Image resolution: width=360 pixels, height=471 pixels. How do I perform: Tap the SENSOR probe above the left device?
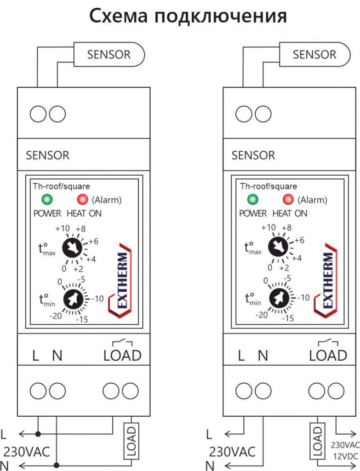click(109, 54)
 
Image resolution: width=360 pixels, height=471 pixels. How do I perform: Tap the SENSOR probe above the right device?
click(315, 54)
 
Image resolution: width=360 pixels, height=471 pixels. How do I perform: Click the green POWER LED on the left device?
click(46, 200)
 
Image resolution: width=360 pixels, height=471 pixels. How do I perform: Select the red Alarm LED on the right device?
click(288, 200)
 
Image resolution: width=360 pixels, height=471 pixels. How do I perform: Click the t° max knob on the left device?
click(72, 248)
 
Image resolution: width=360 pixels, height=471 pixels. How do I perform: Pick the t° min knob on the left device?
click(72, 299)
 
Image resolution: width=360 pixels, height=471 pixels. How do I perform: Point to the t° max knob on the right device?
click(278, 248)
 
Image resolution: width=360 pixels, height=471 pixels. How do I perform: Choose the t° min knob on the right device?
click(278, 299)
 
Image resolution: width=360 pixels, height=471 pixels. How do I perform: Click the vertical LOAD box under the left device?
click(131, 441)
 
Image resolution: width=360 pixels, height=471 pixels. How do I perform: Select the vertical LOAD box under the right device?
click(316, 441)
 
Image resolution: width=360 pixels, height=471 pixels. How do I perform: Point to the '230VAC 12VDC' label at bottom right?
click(345, 451)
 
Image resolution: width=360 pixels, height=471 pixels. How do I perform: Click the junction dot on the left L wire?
click(38, 434)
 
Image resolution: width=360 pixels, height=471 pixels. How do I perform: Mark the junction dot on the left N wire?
click(57, 465)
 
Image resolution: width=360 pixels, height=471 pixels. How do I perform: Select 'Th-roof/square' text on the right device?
click(268, 186)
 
